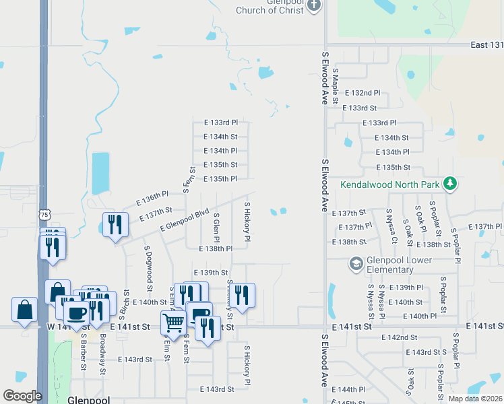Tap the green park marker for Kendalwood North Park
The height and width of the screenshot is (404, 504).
pos(449,183)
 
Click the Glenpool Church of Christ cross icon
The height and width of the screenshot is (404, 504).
pos(313,5)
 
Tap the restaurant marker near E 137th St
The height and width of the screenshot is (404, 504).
pos(115,224)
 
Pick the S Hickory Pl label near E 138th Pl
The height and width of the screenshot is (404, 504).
pos(247,222)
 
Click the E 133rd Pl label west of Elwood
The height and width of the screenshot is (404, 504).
pos(220,123)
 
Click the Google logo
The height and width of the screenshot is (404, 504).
pos(22,396)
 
